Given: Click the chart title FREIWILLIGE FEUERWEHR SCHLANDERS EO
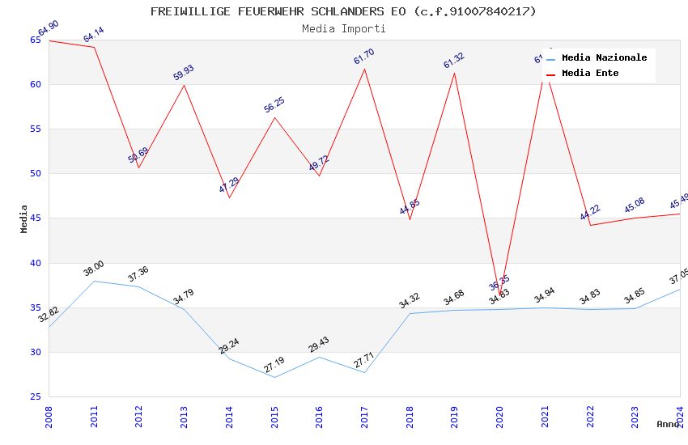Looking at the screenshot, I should coord(343,11).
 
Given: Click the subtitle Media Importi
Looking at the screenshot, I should coord(343,28).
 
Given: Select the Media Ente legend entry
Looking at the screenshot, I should coord(590,73).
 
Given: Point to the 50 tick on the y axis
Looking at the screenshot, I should coord(35,173).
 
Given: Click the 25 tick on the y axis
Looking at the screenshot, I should coord(35,396).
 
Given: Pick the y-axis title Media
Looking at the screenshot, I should coord(24,218).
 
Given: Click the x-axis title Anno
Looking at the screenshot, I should coord(668,424).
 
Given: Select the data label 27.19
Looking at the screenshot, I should coord(274,365).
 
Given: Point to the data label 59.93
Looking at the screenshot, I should coord(184,73).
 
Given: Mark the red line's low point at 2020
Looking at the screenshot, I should coord(499,295).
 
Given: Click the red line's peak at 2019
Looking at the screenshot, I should coord(454,73).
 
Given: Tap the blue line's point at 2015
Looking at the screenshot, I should coord(274,377).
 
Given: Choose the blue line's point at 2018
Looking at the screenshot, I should coord(410,313).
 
